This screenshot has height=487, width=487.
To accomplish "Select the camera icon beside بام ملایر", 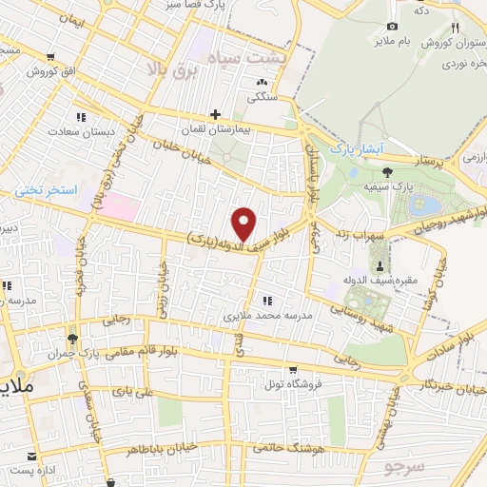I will (392, 26).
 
